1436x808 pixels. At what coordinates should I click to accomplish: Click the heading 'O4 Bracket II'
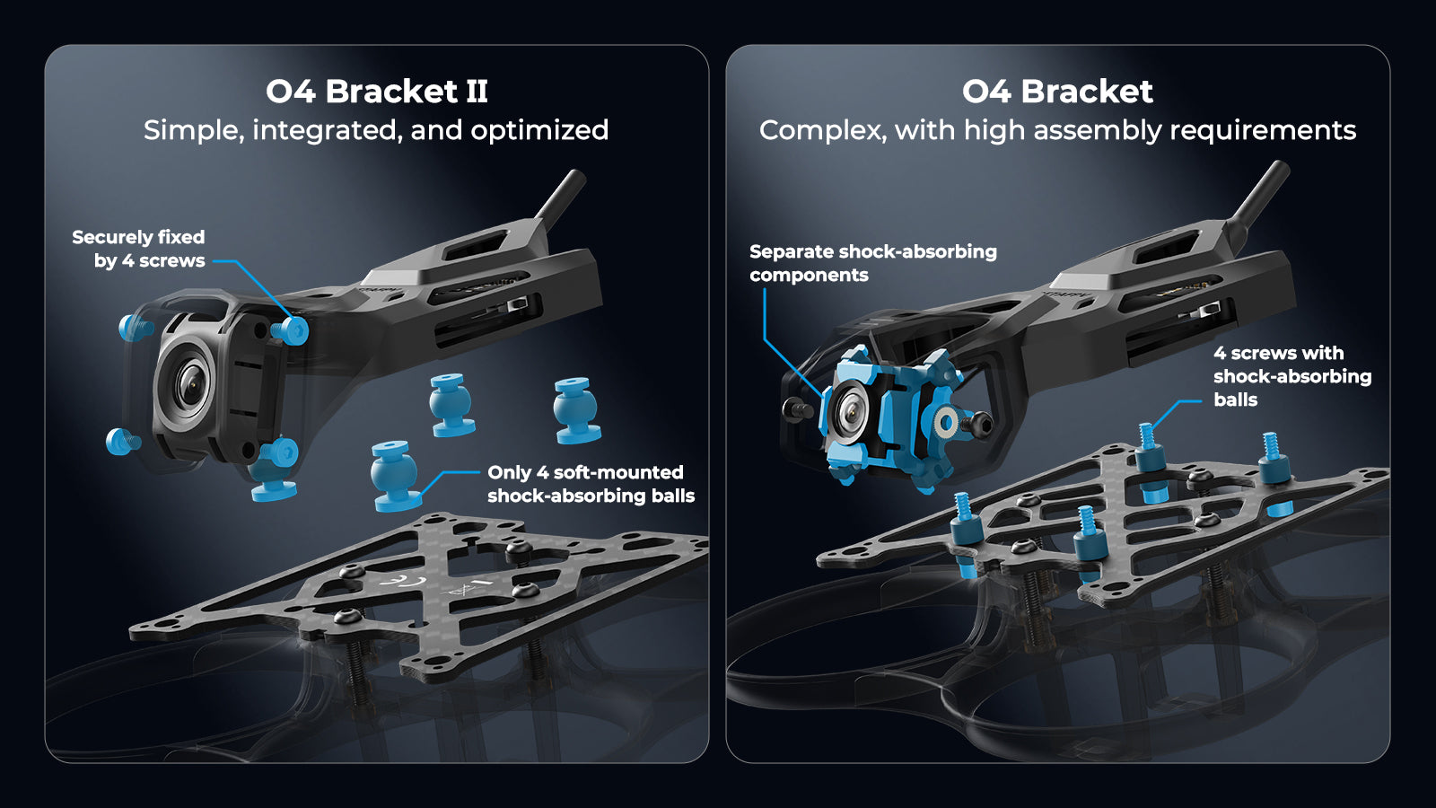(x=376, y=92)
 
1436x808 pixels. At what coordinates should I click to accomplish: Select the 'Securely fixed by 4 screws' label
(x=139, y=249)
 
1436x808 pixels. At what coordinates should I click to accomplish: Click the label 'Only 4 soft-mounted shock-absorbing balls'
(x=590, y=484)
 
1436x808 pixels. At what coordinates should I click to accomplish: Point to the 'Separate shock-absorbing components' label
(x=872, y=263)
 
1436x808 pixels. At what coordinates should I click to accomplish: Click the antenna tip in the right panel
(x=1278, y=170)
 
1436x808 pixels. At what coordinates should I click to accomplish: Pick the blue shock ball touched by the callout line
(x=395, y=476)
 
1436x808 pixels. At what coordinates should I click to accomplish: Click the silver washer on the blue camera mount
(x=945, y=421)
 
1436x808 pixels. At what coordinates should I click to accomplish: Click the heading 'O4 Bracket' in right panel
(x=1057, y=92)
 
